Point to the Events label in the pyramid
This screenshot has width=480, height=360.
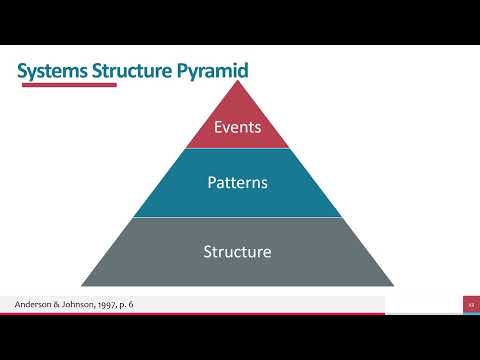coord(237,127)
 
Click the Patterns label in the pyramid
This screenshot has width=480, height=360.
coord(237,183)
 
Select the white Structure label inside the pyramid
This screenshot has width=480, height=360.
coord(237,251)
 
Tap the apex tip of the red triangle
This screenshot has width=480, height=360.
coord(237,81)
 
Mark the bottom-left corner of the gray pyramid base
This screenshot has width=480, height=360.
coord(82,286)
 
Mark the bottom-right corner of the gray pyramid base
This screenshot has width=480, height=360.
coord(393,286)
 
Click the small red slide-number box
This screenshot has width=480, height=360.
coord(469,304)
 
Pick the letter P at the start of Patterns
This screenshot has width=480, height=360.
coord(211,183)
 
